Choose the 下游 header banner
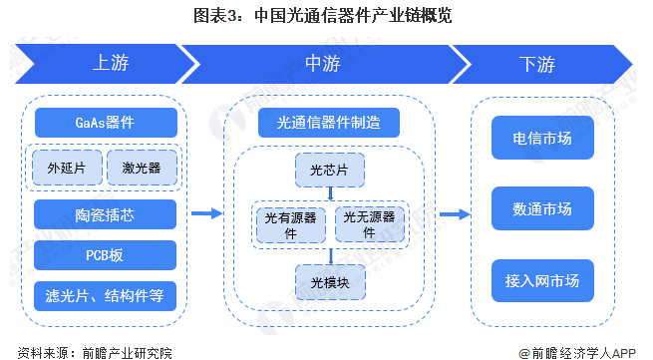click(537, 63)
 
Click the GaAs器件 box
click(106, 123)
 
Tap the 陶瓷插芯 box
click(106, 213)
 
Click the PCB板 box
click(106, 254)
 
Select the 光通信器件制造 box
click(329, 123)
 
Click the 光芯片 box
click(329, 170)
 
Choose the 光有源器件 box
click(289, 223)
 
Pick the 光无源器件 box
click(369, 223)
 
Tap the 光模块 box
click(329, 280)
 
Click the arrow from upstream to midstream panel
click(205, 212)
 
